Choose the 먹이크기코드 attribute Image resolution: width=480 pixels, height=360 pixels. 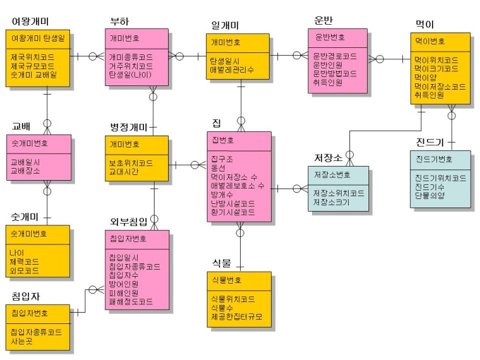pos(438,69)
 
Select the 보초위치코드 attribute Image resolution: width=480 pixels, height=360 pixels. pos(131,163)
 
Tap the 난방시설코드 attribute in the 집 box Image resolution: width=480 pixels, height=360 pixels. pos(232,203)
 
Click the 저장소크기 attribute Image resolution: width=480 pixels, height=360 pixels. pos(331,201)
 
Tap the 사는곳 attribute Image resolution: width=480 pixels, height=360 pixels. pos(22,340)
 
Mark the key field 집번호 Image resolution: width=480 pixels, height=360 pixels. pos(222,140)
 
